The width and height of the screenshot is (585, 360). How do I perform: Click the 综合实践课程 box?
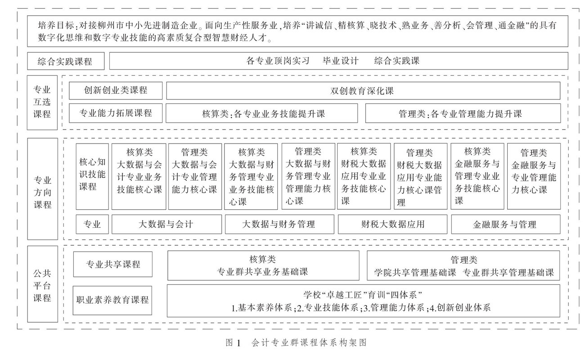[66, 61]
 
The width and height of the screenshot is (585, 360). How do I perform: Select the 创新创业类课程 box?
[116, 90]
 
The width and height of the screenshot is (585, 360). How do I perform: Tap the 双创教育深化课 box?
[363, 90]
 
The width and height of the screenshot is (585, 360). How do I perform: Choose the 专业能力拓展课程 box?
[116, 113]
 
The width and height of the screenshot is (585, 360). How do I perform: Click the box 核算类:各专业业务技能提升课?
[261, 113]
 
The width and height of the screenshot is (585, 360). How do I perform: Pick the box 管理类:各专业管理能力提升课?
[463, 113]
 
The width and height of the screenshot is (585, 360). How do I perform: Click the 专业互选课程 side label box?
[42, 103]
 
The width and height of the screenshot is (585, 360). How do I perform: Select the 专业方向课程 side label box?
[42, 189]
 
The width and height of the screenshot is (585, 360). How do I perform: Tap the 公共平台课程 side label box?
[42, 284]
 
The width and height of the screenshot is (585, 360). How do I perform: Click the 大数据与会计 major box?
[166, 224]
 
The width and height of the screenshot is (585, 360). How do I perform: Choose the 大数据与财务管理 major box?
[279, 224]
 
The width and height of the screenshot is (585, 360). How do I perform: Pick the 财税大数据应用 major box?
[392, 224]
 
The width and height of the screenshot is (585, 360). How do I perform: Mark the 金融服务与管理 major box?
[505, 224]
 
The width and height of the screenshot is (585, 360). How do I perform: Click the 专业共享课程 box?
[113, 264]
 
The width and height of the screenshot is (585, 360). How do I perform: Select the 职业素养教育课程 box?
[113, 300]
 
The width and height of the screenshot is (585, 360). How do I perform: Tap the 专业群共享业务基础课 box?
[263, 265]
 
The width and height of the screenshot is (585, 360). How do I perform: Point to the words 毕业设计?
[341, 61]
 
